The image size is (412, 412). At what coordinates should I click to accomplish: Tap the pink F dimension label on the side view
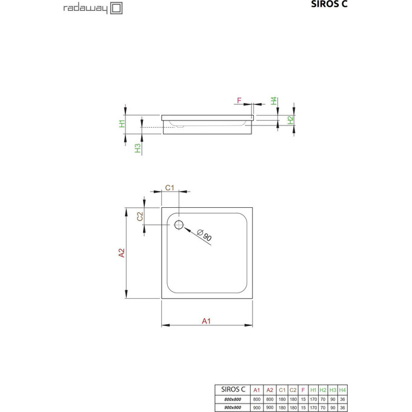(239, 101)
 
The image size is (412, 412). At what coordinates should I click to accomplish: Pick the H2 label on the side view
(290, 120)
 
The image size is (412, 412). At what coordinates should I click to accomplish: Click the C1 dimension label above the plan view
(170, 188)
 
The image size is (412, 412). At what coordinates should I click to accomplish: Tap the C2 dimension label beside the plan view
(140, 216)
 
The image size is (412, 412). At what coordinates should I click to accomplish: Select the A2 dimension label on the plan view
(121, 253)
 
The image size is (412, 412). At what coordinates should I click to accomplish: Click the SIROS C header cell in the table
(231, 390)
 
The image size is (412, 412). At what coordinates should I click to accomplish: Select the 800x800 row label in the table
(231, 398)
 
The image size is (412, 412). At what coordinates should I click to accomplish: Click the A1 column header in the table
(257, 390)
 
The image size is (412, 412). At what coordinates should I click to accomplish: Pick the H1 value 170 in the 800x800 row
(313, 398)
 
